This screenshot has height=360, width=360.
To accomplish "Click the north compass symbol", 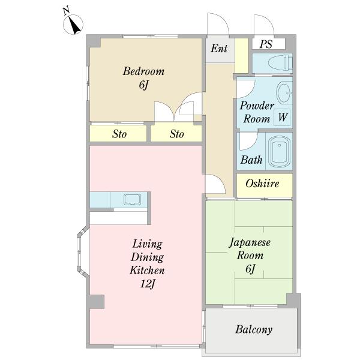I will point(74,25).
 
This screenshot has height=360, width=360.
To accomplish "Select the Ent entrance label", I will point(219,49).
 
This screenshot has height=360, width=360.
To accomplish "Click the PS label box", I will point(265,44).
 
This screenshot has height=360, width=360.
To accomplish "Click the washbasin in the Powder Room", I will point(284,93).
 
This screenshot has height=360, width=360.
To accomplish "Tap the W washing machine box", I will point(282,118).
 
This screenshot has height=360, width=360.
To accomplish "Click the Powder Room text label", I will point(257,112).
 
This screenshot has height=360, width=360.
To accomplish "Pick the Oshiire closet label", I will point(262,184).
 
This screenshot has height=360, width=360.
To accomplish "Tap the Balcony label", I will point(254,329).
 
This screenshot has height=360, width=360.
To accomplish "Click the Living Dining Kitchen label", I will point(147,257).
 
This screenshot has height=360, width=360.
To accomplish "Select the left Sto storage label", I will point(119,134).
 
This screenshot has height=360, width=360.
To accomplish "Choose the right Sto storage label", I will point(176,134).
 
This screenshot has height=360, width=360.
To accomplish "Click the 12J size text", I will point(147,284).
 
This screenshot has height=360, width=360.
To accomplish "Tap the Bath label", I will point(251,160).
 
